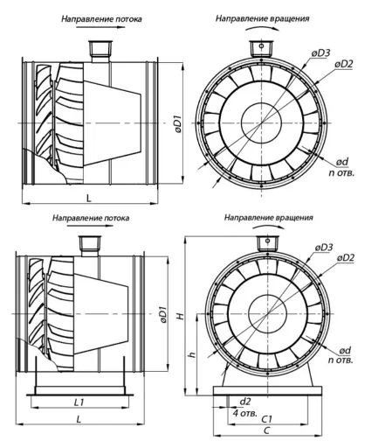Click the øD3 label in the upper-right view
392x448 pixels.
pos(320,53)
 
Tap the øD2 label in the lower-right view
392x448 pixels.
pos(346,257)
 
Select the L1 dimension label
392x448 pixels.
pos(79,402)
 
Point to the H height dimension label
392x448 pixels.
pos(181,316)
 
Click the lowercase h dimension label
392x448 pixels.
pos(192,354)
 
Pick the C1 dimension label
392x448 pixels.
pos(266,419)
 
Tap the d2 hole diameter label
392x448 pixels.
pos(244,402)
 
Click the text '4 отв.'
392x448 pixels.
pos(245,413)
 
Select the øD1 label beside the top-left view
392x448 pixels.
pos(178,124)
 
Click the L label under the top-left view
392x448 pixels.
pos(89,199)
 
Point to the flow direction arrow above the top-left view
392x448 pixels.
pos(100,27)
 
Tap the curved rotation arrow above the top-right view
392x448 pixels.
pos(262,27)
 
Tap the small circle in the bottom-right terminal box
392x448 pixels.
pos(267,241)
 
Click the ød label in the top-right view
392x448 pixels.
pos(342,162)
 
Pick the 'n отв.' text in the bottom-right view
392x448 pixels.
pos(340,360)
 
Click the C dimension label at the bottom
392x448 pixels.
pos(267,430)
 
